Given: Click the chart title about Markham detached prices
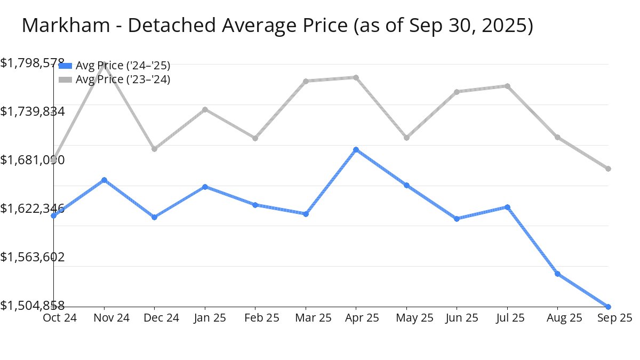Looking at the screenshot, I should [277, 25].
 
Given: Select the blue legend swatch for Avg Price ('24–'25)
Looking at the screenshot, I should [65, 66].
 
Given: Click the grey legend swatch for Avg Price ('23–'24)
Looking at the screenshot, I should [65, 79].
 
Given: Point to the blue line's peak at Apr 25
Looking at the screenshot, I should [356, 150].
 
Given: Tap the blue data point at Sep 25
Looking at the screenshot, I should [608, 307].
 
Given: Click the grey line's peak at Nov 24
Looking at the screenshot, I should [104, 63].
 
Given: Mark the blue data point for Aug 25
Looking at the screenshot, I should [557, 274].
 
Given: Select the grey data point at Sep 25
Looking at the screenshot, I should [608, 169].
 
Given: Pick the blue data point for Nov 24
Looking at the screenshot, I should [104, 180].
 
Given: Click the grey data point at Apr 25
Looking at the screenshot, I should [356, 77].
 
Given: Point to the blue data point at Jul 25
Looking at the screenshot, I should [507, 207].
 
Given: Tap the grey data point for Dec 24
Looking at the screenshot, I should [154, 149].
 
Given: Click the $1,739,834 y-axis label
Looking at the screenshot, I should [33, 111].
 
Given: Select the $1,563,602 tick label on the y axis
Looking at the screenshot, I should [33, 257].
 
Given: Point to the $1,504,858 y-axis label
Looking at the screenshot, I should [33, 306].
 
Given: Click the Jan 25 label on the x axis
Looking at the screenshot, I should [205, 318].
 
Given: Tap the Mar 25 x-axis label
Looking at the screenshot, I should [306, 318].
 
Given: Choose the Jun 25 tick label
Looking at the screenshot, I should [457, 318].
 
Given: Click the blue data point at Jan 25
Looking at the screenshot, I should [205, 187].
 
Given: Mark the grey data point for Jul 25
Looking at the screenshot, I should [507, 86].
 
